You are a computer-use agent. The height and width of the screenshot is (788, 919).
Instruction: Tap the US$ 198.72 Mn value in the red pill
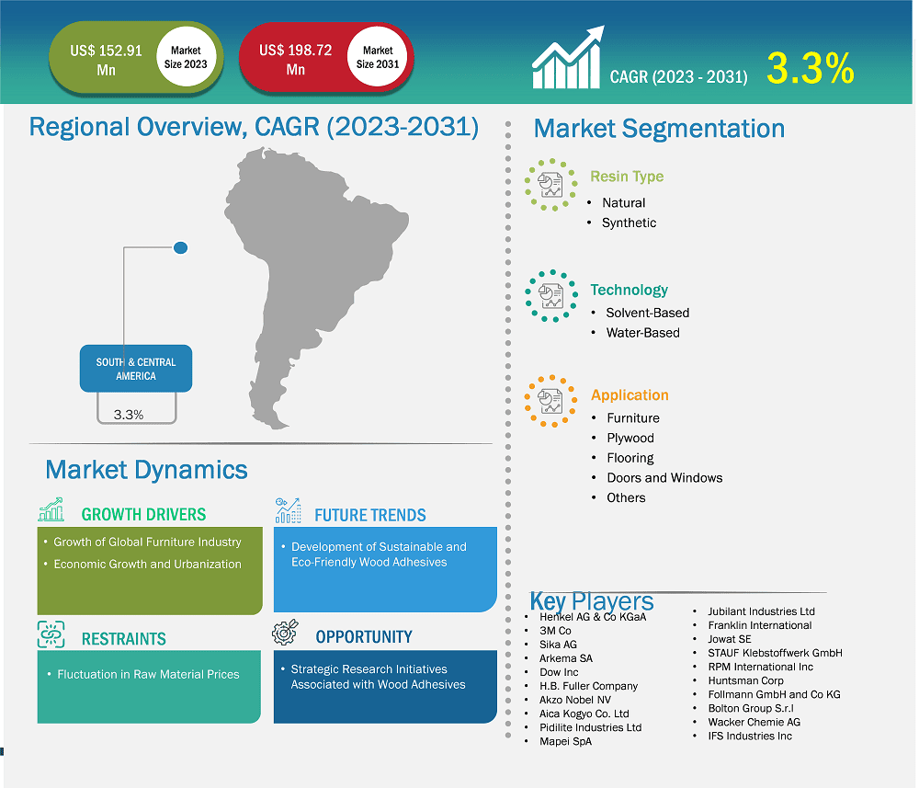click(x=295, y=60)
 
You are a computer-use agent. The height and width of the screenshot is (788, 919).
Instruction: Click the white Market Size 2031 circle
click(x=378, y=58)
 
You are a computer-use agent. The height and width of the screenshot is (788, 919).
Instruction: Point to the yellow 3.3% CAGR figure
click(x=811, y=70)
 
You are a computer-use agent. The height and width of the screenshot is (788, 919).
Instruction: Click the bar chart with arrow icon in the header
click(x=567, y=58)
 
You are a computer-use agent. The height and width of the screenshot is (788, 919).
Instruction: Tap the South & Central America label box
click(x=136, y=369)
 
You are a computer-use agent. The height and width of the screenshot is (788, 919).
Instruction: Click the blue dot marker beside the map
click(x=181, y=247)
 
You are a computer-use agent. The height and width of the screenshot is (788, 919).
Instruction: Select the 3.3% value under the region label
click(x=129, y=415)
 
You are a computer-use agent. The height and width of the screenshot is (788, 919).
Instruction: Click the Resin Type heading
click(x=627, y=177)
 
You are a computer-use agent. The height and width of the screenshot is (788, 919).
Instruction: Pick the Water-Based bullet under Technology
click(x=642, y=333)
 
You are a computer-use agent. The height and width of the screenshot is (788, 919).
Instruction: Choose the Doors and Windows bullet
click(x=664, y=478)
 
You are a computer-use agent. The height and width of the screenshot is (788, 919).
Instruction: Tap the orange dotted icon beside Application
click(x=550, y=401)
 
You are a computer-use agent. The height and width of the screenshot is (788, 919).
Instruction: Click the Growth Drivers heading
click(x=143, y=515)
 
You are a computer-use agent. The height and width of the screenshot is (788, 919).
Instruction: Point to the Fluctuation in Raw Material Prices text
click(x=148, y=675)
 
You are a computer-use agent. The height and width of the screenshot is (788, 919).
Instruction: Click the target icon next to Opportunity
click(x=288, y=634)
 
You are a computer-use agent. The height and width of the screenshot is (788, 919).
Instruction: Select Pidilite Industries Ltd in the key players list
click(x=590, y=727)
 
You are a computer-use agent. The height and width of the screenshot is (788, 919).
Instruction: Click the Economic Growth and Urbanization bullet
click(x=147, y=565)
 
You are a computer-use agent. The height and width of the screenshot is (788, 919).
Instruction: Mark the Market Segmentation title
click(x=659, y=129)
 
